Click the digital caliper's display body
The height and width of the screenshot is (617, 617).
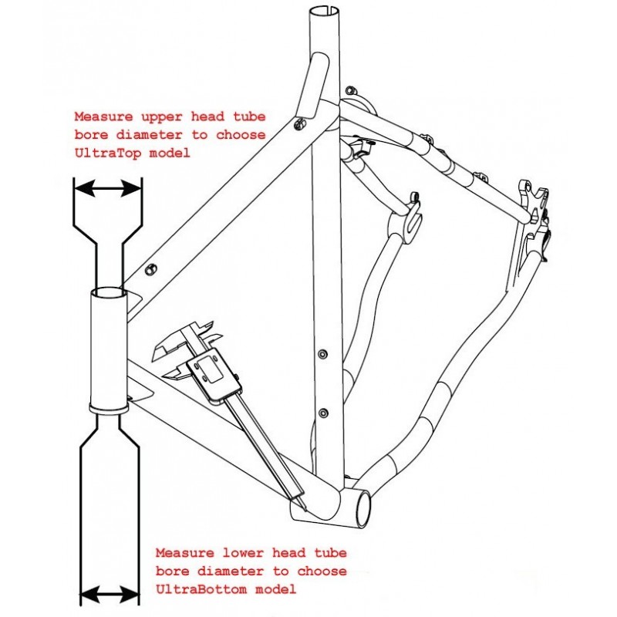(218, 376)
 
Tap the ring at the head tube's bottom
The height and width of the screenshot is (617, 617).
(108, 404)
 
